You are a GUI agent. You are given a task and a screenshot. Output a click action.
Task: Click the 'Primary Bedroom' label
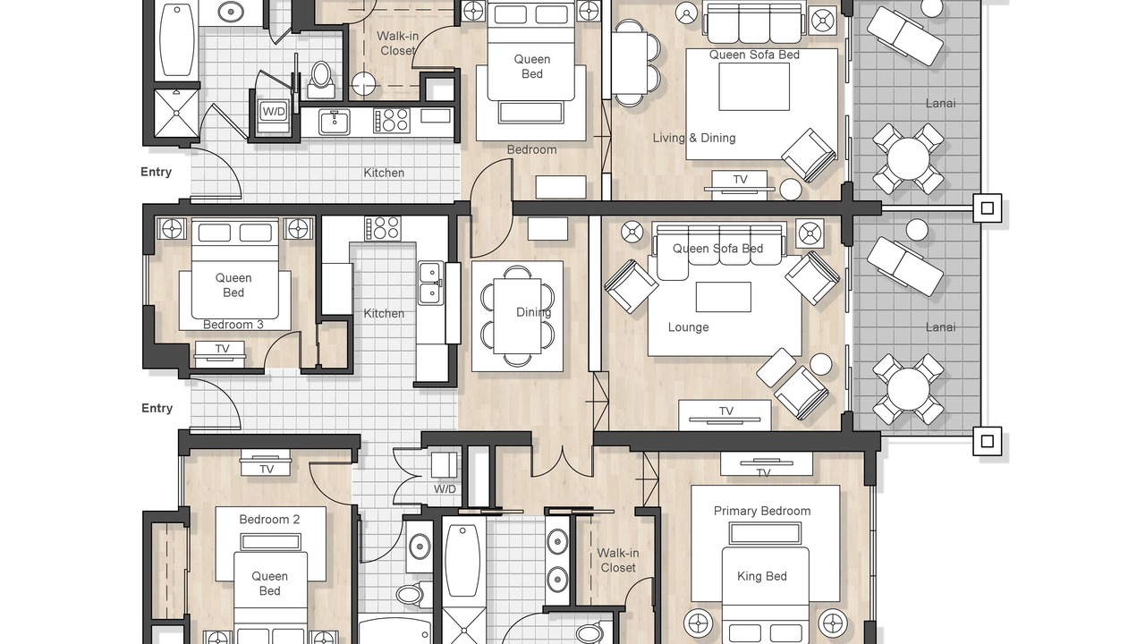761,511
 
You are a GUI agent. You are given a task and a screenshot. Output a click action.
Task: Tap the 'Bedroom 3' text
233,325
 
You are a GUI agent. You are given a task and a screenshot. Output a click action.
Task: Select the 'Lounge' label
688,327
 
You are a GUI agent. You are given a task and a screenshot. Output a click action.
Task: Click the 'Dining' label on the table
534,312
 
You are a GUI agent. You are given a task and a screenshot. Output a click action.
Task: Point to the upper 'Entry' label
156,172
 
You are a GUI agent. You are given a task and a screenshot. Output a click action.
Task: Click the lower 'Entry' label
157,408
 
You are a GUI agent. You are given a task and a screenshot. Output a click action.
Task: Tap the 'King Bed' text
761,577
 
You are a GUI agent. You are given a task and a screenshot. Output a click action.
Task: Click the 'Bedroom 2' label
269,520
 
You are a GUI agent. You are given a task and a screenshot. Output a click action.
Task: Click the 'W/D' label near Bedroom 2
445,489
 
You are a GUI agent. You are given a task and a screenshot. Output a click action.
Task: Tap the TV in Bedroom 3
220,352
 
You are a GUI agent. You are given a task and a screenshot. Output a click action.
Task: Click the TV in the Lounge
725,414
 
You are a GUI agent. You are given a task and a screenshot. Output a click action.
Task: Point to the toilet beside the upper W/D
321,80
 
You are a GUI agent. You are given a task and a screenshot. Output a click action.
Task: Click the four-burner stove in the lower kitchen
382,228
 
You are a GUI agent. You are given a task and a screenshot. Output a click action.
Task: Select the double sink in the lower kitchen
431,284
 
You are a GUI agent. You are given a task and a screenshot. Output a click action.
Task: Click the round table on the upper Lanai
908,159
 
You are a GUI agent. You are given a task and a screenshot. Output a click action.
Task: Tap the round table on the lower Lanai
908,389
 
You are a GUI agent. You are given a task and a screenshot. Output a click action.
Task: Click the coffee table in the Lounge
724,297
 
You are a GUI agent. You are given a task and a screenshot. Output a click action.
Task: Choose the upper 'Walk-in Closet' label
398,44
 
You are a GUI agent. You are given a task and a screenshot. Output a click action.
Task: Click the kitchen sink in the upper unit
335,123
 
